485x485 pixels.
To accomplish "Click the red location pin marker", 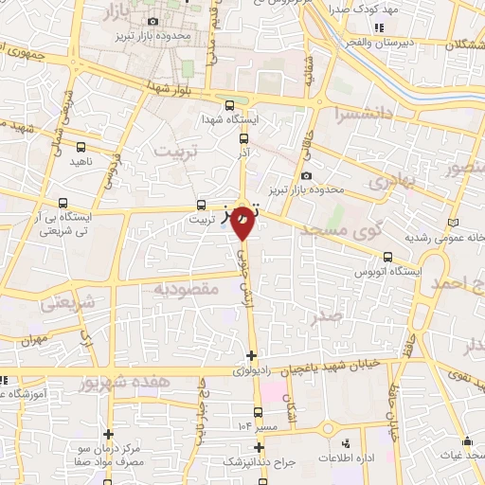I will click(242, 223).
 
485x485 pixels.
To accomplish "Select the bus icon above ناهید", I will click(81, 147).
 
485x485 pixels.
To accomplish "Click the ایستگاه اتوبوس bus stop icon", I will click(388, 256).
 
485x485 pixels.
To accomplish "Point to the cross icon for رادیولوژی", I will click(250, 356).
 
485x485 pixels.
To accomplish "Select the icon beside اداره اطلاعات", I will click(344, 442).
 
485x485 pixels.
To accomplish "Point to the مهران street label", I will click(30, 338).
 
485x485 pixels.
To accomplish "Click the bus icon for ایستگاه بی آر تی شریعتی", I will click(63, 202).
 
